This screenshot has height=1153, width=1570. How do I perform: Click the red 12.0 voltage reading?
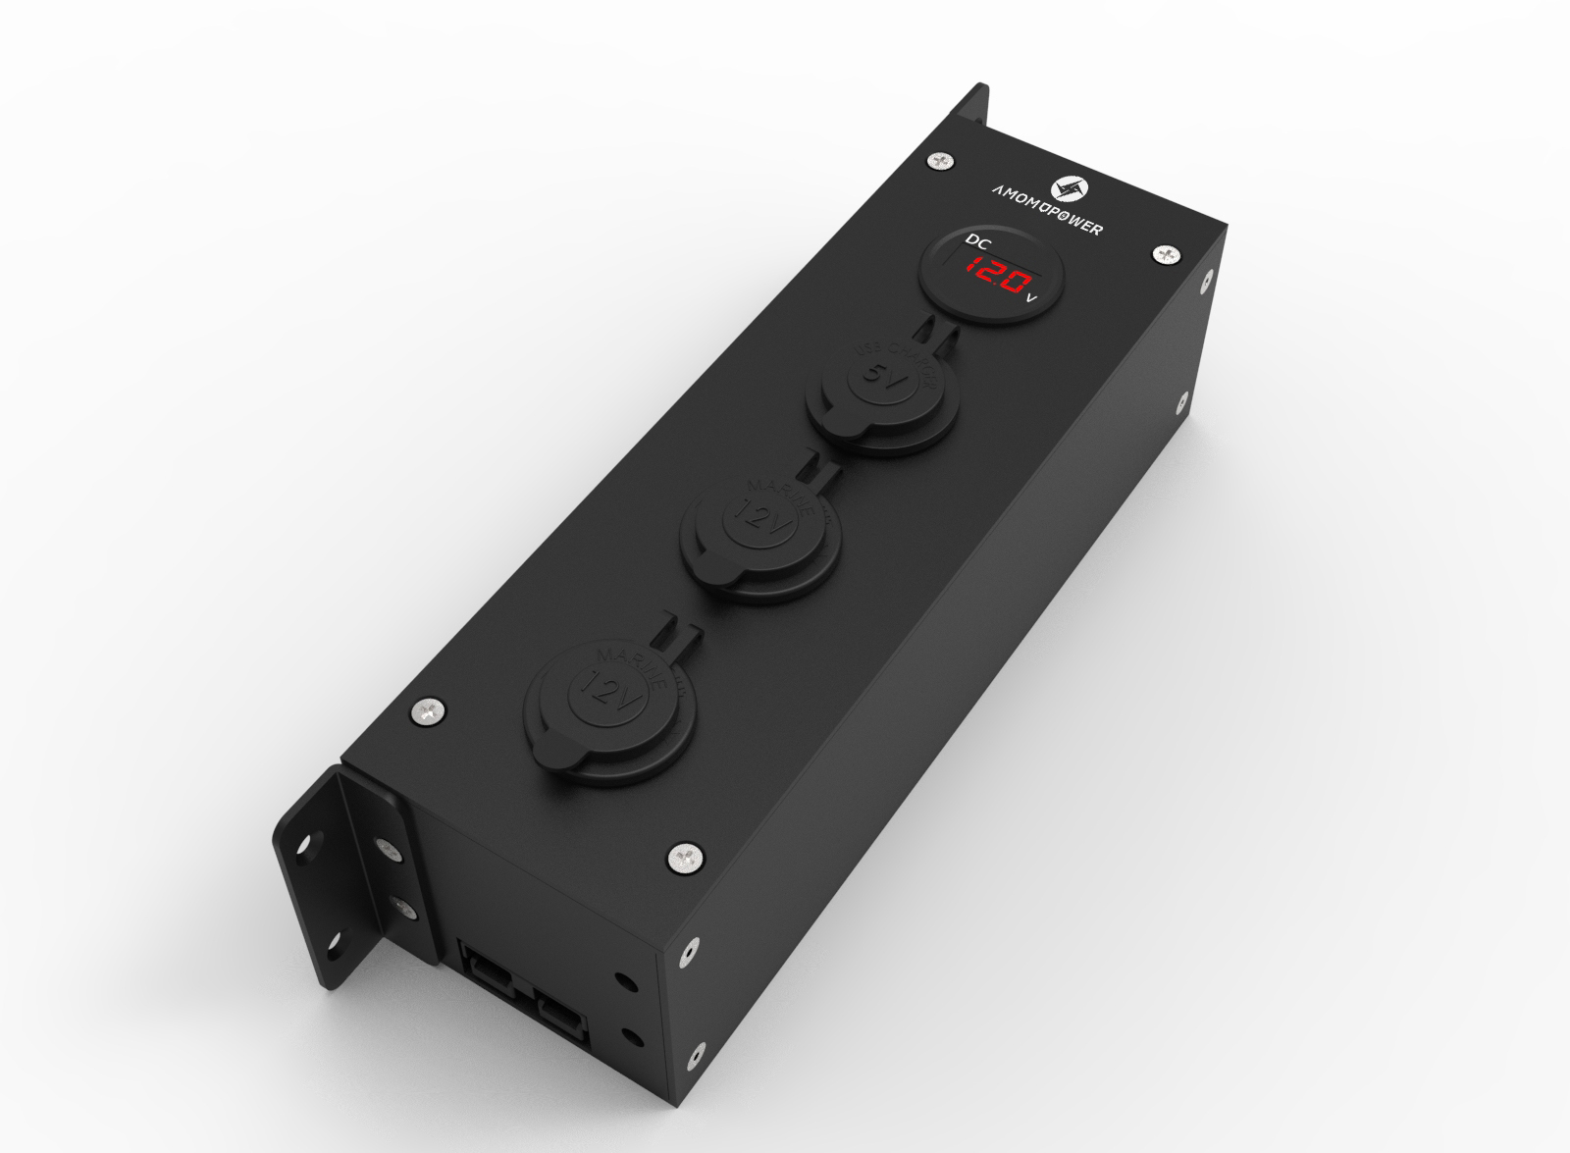[x=993, y=272]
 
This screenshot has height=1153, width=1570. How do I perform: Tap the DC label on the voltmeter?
[x=978, y=241]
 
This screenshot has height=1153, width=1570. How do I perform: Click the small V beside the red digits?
[x=1030, y=297]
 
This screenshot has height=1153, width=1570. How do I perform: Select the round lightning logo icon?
[x=1066, y=189]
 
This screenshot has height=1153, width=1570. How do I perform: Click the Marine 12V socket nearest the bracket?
[x=609, y=692]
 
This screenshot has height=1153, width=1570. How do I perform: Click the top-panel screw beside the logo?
[x=941, y=159]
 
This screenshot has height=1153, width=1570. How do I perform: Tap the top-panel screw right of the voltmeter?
[x=1166, y=254]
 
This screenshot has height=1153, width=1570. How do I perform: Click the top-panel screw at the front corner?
[x=685, y=858]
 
